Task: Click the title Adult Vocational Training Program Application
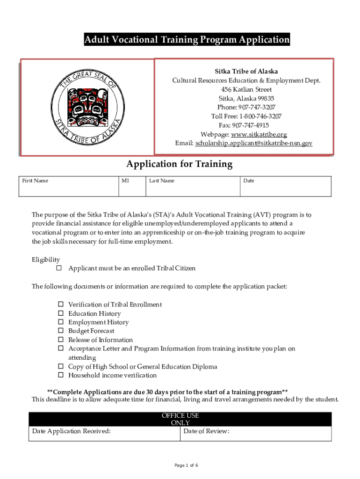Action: point(187,40)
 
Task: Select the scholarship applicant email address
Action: point(253,143)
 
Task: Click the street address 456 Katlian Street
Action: point(246,89)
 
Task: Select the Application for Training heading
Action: point(179,164)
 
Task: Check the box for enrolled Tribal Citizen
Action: point(59,269)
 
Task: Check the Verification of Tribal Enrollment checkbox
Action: point(61,305)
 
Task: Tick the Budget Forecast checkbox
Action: point(61,331)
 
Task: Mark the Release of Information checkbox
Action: point(61,340)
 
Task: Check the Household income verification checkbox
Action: point(61,376)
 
